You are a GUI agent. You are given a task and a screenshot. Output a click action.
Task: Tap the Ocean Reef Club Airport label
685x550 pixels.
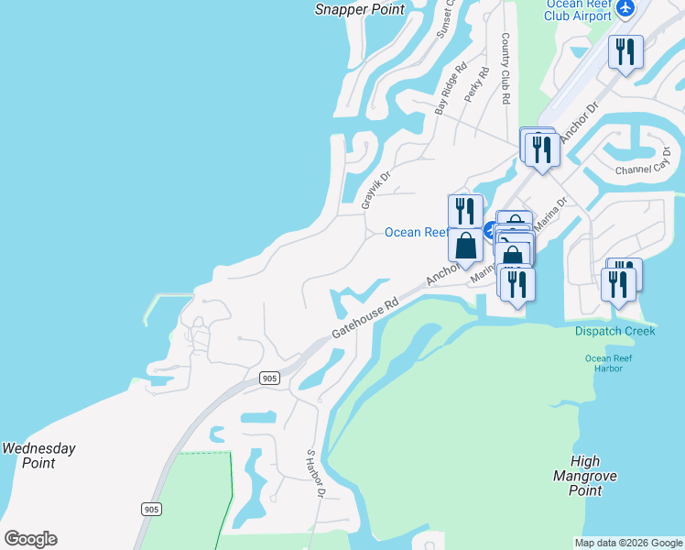[577, 9]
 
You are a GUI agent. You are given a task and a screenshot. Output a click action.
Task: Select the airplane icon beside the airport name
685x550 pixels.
[625, 8]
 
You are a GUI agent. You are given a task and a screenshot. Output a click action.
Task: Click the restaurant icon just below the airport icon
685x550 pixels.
[625, 51]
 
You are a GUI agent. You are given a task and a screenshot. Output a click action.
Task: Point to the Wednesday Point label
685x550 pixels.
[38, 456]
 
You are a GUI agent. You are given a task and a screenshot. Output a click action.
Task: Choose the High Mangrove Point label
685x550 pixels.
[584, 476]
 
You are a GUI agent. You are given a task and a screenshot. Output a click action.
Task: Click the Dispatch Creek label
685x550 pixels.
[615, 331]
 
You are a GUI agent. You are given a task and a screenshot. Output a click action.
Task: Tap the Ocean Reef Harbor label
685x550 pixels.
[604, 363]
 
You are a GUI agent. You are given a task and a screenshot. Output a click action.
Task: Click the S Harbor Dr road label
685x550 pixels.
[317, 475]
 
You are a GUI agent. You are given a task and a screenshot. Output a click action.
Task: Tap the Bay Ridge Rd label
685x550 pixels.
[451, 89]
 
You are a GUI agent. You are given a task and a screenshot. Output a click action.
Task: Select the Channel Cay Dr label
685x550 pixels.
[644, 164]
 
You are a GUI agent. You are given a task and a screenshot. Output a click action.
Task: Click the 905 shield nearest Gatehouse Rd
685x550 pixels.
[268, 378]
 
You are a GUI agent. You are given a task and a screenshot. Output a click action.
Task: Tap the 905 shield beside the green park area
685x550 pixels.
[151, 508]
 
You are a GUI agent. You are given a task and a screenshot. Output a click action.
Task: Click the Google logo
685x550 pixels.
[30, 539]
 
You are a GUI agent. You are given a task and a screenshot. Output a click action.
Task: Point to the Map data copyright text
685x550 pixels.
[628, 543]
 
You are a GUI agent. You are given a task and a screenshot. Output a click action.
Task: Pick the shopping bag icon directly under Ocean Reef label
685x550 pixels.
[465, 246]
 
